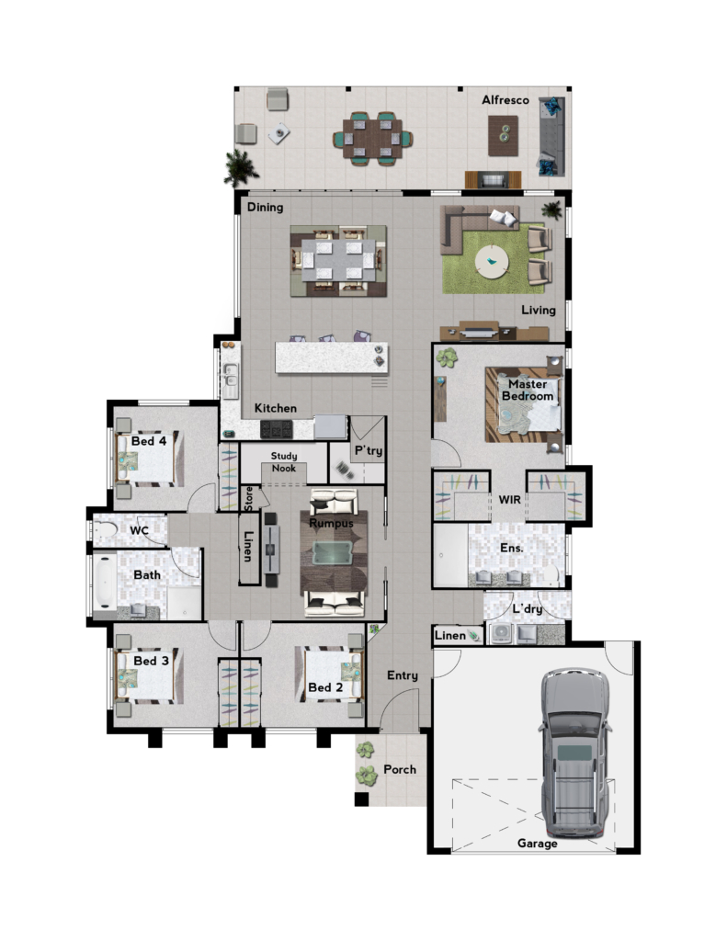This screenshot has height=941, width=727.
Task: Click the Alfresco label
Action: coord(505,100)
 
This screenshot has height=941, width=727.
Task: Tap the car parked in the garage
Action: coord(575,753)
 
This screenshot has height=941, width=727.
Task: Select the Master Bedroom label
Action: coord(528,390)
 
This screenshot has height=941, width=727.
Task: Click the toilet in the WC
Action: coord(105,530)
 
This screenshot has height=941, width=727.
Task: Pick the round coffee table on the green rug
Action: coord(492,262)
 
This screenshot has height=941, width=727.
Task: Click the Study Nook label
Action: coord(284,462)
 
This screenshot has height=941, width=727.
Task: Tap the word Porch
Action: coord(400,769)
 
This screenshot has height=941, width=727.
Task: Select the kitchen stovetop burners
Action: coord(276,429)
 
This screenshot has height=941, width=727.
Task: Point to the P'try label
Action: coord(369,450)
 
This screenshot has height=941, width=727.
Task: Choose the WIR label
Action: coord(509,499)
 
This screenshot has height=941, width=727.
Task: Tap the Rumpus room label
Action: coord(331,523)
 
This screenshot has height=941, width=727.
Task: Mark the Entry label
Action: coord(403,675)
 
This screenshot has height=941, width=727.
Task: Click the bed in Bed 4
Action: coord(149,459)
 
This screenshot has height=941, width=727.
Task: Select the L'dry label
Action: coord(527,609)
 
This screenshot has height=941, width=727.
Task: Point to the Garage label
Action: coord(538,844)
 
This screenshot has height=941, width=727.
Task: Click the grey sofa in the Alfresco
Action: coord(551,136)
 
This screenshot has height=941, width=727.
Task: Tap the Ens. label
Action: coord(512,548)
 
